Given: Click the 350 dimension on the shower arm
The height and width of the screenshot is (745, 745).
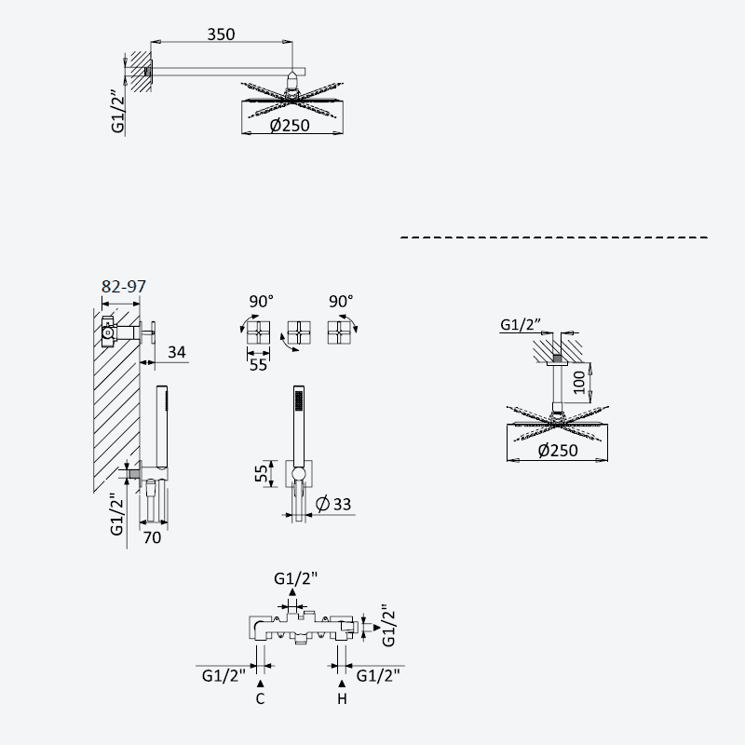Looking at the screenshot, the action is pyautogui.click(x=221, y=34).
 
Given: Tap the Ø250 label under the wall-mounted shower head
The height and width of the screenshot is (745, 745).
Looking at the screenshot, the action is pyautogui.click(x=290, y=126).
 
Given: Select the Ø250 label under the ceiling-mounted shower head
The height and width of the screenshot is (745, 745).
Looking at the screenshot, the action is pyautogui.click(x=558, y=450).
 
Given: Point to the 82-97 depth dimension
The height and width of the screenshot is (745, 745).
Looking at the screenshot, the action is pyautogui.click(x=124, y=286).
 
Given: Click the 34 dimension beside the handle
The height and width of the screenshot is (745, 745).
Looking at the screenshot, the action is pyautogui.click(x=177, y=352).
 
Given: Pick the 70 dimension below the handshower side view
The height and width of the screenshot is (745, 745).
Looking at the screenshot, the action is pyautogui.click(x=152, y=537).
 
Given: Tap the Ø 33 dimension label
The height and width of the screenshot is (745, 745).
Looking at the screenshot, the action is pyautogui.click(x=333, y=504).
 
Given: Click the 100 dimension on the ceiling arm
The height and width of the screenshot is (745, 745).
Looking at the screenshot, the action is pyautogui.click(x=579, y=383).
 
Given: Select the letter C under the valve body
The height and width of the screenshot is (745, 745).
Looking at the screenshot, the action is pyautogui.click(x=260, y=699).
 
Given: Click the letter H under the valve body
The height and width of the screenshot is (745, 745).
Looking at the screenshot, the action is pyautogui.click(x=342, y=699).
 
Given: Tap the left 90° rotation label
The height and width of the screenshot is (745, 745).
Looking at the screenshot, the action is pyautogui.click(x=262, y=301).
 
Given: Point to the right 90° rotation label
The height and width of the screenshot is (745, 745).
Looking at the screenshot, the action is pyautogui.click(x=341, y=301).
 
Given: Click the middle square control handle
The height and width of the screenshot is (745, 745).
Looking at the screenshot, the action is pyautogui.click(x=299, y=332).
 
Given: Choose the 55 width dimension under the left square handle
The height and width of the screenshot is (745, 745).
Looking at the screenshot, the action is pyautogui.click(x=259, y=365).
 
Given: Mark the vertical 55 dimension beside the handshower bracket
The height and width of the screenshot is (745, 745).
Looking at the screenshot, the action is pyautogui.click(x=262, y=473).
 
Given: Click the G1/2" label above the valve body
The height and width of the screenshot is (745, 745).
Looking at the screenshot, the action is pyautogui.click(x=295, y=578).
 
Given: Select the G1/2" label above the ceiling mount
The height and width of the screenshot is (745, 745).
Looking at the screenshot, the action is pyautogui.click(x=521, y=324).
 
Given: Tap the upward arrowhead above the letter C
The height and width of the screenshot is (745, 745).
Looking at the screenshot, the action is pyautogui.click(x=260, y=684).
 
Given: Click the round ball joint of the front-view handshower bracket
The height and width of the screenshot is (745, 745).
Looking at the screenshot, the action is pyautogui.click(x=299, y=474).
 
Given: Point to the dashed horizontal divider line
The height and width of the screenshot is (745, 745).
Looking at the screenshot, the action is pyautogui.click(x=554, y=237).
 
